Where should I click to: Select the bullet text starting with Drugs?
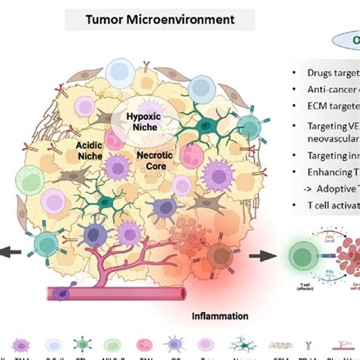coord(323,72)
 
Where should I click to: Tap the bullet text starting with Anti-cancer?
coord(323,90)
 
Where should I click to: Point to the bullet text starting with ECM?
coord(323,108)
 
